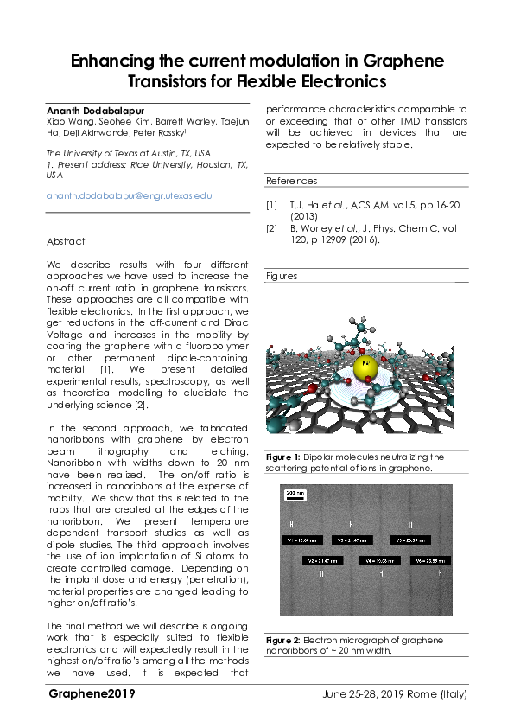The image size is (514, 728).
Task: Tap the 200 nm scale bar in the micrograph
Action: coord(295,494)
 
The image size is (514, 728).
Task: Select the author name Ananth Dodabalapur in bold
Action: coord(94,109)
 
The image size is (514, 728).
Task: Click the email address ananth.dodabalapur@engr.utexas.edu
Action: coord(129,196)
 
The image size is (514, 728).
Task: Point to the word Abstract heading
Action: coord(66,241)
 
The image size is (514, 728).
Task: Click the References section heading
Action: coord(291,181)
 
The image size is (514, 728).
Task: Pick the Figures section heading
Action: coord(282,276)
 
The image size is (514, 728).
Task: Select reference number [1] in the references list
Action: coord(271,205)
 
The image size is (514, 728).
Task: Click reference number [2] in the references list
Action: coord(271,228)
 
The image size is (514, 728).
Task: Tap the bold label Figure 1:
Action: coord(283,457)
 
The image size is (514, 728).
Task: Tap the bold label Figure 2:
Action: coord(283,640)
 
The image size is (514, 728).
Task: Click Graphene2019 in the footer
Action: coord(92,693)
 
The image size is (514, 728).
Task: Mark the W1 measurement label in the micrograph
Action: coord(304,540)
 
